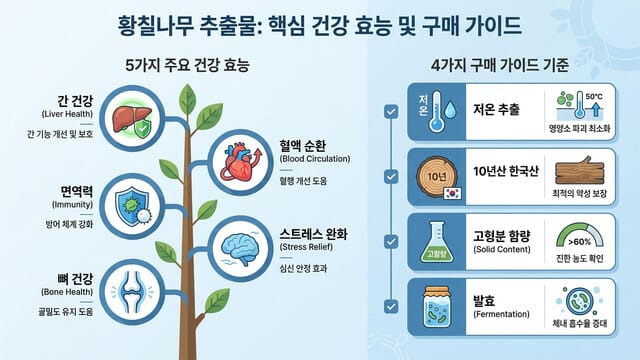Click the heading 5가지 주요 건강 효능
point(187,67)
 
